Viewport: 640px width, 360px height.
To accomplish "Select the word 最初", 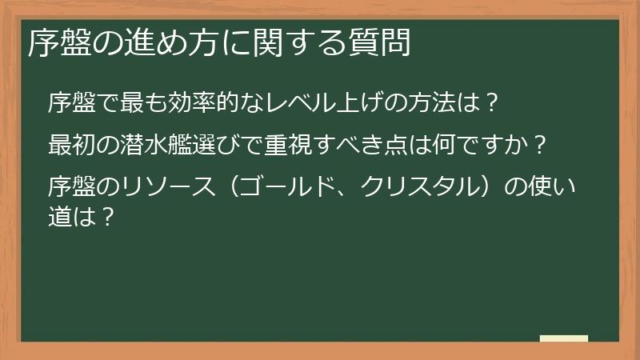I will tap(71, 146).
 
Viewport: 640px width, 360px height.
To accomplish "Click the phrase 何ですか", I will tap(480, 146).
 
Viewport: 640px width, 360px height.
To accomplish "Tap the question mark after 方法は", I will tap(494, 103).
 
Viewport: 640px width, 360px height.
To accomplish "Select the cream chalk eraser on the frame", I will tap(563, 339).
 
